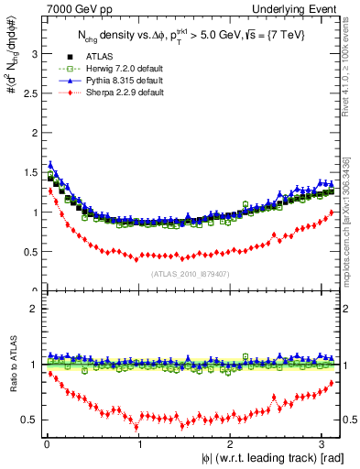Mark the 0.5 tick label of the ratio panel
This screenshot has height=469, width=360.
(29, 420)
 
